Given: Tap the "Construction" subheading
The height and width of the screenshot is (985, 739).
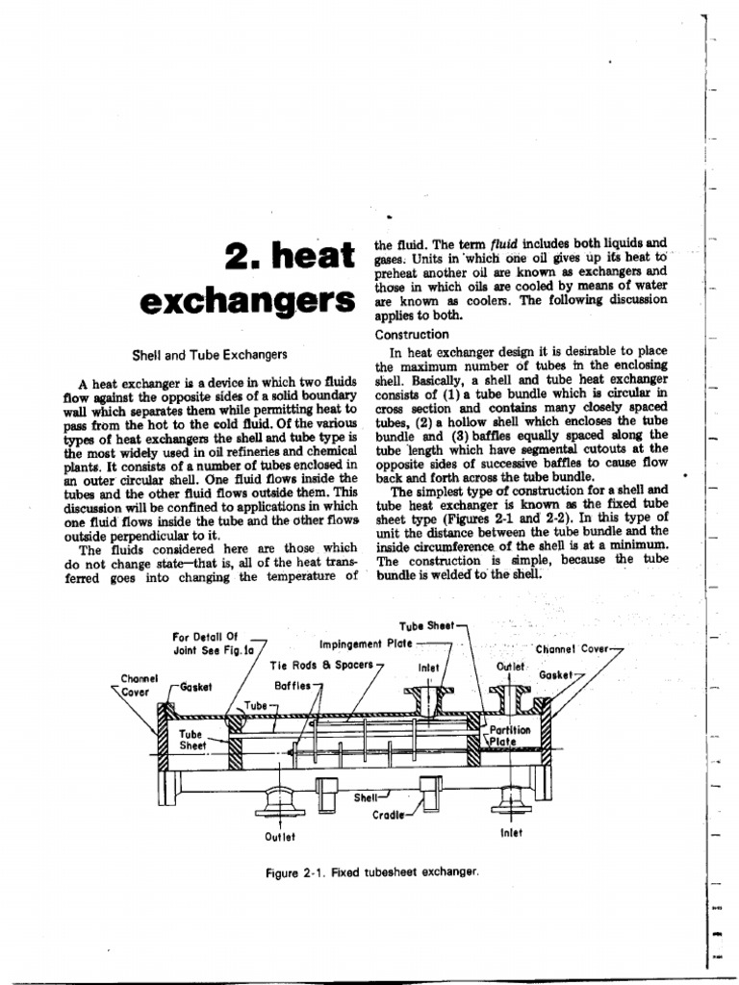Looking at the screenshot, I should coord(412,334).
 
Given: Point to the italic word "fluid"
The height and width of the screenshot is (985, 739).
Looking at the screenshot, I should coord(499,244).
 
